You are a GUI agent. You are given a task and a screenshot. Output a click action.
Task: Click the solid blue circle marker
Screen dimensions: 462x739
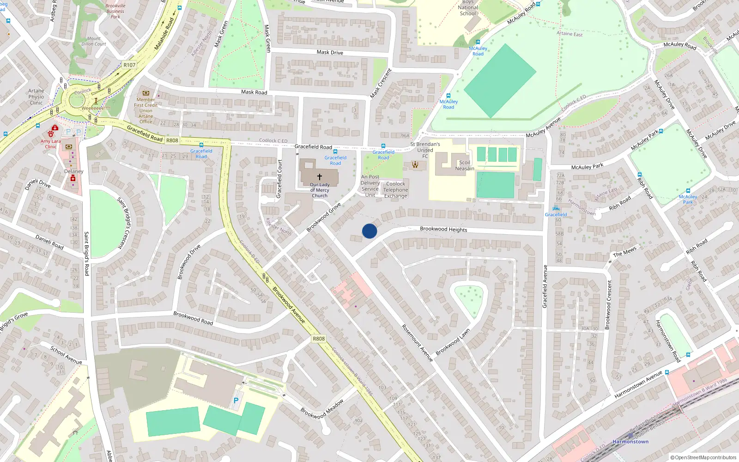pyautogui.click(x=369, y=231)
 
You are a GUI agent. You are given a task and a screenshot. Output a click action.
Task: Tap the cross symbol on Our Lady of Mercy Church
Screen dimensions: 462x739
pyautogui.click(x=319, y=177)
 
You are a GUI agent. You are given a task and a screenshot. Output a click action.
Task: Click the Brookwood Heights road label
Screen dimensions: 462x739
pyautogui.click(x=443, y=229)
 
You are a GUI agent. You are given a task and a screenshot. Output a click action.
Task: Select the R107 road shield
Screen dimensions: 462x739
pyautogui.click(x=129, y=65)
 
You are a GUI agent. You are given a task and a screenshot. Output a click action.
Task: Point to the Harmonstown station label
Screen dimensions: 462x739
pyautogui.click(x=630, y=442)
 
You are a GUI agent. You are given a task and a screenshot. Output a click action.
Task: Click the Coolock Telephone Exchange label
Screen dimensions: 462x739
pyautogui.click(x=395, y=190)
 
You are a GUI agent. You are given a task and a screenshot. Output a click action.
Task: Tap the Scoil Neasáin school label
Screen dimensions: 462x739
pyautogui.click(x=465, y=165)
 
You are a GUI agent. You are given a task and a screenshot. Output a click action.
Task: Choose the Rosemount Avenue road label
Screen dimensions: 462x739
pyautogui.click(x=417, y=342)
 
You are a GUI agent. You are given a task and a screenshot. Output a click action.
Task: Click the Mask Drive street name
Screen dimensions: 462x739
pyautogui.click(x=330, y=52)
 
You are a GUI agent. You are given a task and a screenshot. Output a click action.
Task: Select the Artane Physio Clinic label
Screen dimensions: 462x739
pyautogui.click(x=36, y=97)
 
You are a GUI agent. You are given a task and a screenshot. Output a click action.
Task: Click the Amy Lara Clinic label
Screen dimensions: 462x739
pyautogui.click(x=50, y=144)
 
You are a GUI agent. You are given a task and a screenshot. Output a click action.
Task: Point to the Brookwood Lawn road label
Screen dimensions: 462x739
pyautogui.click(x=453, y=342)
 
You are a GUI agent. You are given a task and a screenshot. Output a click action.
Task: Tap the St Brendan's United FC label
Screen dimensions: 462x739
pyautogui.click(x=425, y=150)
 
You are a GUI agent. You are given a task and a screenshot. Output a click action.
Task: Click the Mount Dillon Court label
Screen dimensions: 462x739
pyautogui.click(x=94, y=42)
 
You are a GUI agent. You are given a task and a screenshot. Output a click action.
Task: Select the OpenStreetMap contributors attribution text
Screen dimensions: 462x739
pyautogui.click(x=703, y=457)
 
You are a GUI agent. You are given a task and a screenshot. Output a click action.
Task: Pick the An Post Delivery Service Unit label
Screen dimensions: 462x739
pyautogui.click(x=370, y=186)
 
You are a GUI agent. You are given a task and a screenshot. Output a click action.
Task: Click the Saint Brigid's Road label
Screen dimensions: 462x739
pyautogui.click(x=86, y=254)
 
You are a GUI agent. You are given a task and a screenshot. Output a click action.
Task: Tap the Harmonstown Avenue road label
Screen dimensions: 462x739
pyautogui.click(x=638, y=384)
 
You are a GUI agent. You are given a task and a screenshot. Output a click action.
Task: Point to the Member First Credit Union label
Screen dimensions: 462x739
pyautogui.click(x=145, y=110)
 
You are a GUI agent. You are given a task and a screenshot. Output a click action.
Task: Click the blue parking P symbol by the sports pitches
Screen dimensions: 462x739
pyautogui.click(x=236, y=401)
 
